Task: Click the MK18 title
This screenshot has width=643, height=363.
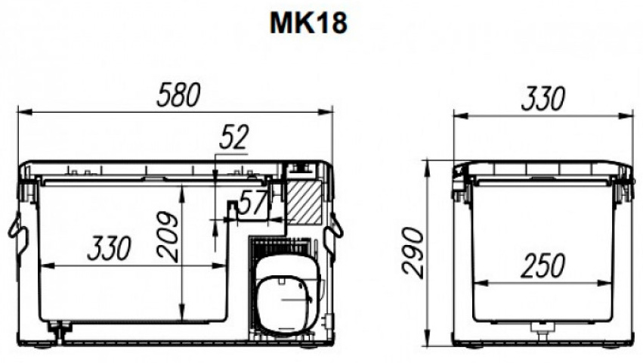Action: tap(308, 23)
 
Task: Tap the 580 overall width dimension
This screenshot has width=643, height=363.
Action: tap(179, 95)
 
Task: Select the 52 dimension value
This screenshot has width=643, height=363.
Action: tap(233, 137)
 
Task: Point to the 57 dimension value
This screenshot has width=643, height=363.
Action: tap(253, 203)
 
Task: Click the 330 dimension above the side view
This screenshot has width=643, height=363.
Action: tap(543, 98)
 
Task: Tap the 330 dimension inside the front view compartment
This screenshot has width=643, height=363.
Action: tap(109, 248)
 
